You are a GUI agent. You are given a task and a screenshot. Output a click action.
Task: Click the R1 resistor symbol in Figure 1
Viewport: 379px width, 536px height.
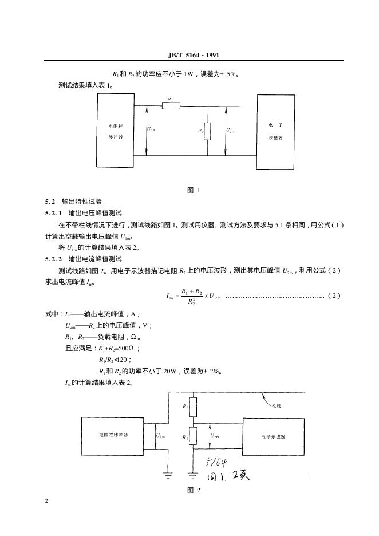171,105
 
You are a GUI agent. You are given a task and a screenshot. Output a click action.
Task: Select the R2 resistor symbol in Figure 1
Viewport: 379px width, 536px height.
207,131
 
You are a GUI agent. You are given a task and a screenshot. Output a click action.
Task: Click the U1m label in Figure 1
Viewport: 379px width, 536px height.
152,130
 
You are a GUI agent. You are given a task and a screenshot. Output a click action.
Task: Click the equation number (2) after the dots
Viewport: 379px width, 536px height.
335,295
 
